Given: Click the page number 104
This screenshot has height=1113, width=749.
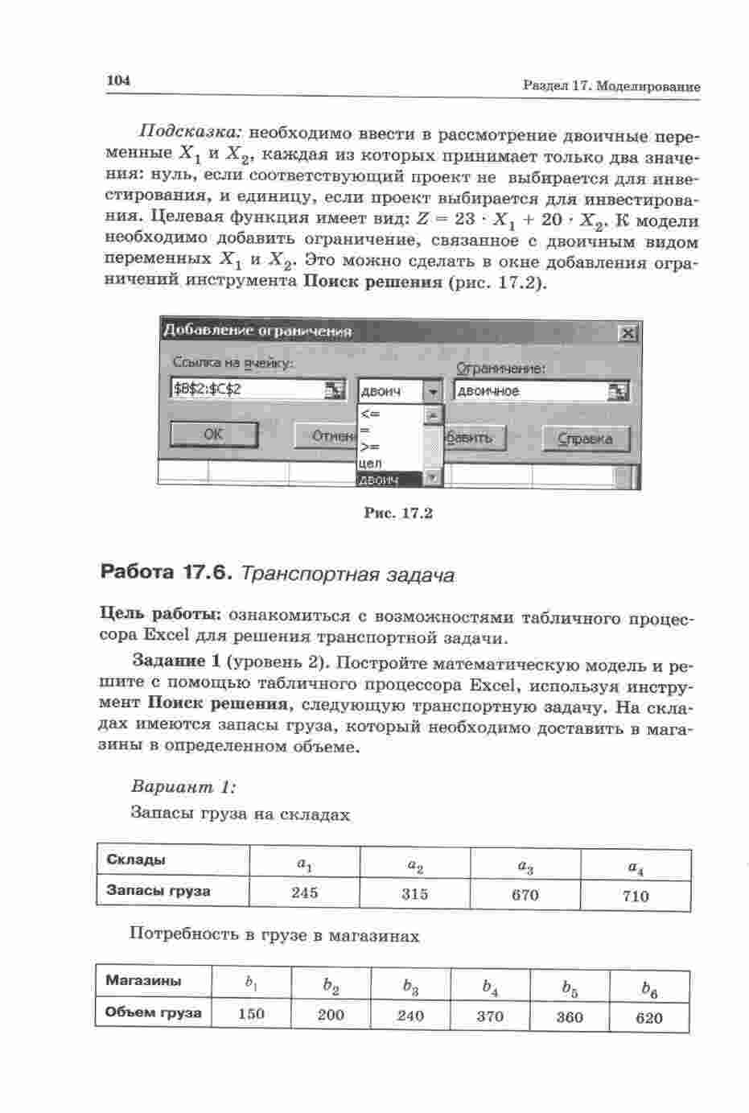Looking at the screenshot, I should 117,81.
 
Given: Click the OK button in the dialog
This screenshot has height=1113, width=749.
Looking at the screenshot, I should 214,435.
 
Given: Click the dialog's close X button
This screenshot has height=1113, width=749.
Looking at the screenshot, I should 628,333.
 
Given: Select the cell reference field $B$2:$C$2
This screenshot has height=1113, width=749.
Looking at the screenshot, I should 247,390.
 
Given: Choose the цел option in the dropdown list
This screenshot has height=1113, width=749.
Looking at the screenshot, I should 372,464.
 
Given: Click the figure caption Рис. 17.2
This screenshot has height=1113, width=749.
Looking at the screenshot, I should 398,513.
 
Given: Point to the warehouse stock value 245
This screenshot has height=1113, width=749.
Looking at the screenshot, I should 305,892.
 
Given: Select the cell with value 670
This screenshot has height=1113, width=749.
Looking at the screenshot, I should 525,895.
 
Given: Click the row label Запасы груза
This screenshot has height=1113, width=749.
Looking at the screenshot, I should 158,891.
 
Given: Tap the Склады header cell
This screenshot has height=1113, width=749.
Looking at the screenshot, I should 136,859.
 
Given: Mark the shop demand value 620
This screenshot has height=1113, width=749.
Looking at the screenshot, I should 648,1018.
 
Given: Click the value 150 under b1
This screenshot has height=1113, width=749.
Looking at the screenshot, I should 252,1014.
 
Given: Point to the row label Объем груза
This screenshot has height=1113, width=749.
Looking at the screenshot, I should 153,1012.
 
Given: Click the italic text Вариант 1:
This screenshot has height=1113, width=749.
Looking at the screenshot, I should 183,786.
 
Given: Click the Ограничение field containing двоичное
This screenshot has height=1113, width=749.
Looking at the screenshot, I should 531,391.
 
